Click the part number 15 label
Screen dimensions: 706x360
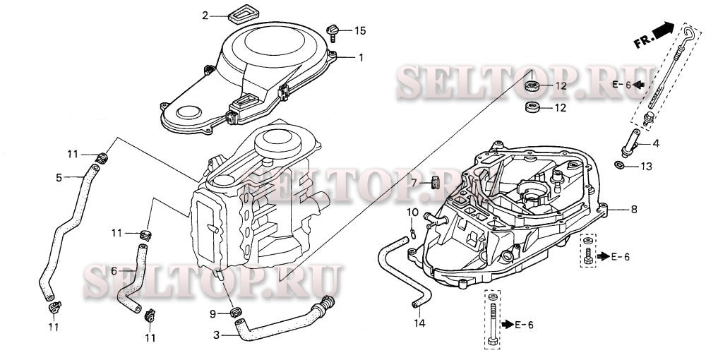[360, 30]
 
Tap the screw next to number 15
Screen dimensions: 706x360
[333, 32]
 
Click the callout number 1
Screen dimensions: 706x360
[360, 58]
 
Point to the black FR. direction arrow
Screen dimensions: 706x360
[664, 30]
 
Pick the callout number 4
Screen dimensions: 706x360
[656, 144]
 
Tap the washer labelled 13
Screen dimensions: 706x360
[619, 165]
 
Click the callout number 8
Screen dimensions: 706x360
[633, 209]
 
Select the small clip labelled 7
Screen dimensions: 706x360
[435, 183]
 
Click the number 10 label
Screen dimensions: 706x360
[412, 212]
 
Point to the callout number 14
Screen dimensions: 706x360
[419, 323]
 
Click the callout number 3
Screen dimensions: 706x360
[217, 335]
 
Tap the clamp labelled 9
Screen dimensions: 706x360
[234, 311]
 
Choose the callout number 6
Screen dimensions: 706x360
[114, 271]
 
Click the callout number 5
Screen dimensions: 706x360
[59, 178]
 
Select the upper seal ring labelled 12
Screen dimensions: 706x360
[532, 85]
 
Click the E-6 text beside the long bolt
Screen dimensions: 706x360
[525, 325]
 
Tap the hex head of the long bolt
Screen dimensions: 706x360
[493, 341]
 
